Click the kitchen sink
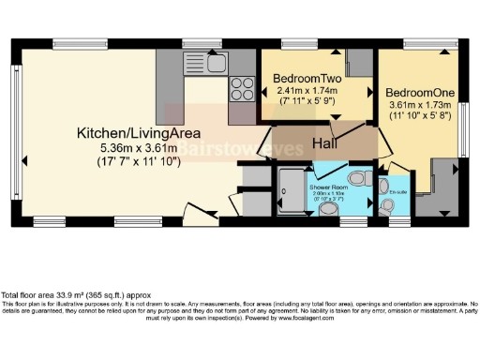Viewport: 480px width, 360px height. [211, 64]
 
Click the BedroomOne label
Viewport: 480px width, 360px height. [419, 94]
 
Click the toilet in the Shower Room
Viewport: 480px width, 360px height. [357, 178]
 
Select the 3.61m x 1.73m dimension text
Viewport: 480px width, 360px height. [419, 106]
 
